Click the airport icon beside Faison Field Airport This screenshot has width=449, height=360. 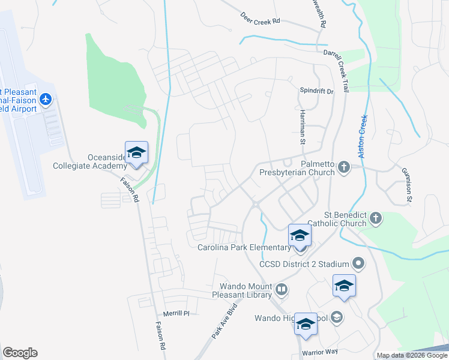tap(46, 98)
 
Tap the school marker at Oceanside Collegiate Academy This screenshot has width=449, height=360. tap(136, 152)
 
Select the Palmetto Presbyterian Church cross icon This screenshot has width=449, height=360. tap(344, 166)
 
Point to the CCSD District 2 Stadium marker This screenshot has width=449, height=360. tap(358, 263)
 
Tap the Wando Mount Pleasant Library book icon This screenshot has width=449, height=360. tap(280, 291)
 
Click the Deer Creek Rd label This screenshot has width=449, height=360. tap(261, 17)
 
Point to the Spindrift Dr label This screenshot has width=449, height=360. tap(316, 91)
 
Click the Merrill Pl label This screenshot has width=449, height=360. tap(176, 313)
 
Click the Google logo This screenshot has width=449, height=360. tap(20, 353)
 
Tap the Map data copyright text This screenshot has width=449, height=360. tap(412, 355)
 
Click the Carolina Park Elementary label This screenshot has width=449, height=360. tap(245, 248)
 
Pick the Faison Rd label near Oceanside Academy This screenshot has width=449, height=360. tap(129, 189)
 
